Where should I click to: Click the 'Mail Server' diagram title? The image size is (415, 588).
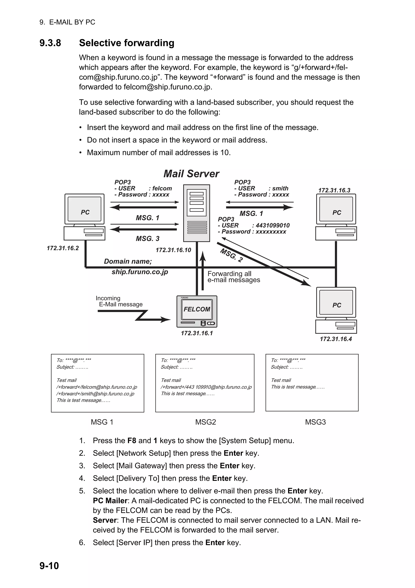point(191,174)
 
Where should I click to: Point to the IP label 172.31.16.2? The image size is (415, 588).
point(63,248)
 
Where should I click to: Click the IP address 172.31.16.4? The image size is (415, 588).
point(336,339)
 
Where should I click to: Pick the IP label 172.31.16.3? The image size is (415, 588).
point(334,190)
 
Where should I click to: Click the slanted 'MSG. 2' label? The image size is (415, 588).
point(231,255)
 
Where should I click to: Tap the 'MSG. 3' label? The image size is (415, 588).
point(148,238)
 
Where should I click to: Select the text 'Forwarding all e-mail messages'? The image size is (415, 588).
point(233,277)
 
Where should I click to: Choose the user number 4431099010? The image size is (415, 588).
point(273,225)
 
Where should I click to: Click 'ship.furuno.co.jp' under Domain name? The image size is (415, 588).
point(140,272)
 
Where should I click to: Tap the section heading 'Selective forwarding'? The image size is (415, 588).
point(127,43)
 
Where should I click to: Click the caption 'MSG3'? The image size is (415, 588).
point(315,422)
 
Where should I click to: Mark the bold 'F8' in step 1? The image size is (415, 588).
point(132,440)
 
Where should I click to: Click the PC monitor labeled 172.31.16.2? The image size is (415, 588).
point(84,209)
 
